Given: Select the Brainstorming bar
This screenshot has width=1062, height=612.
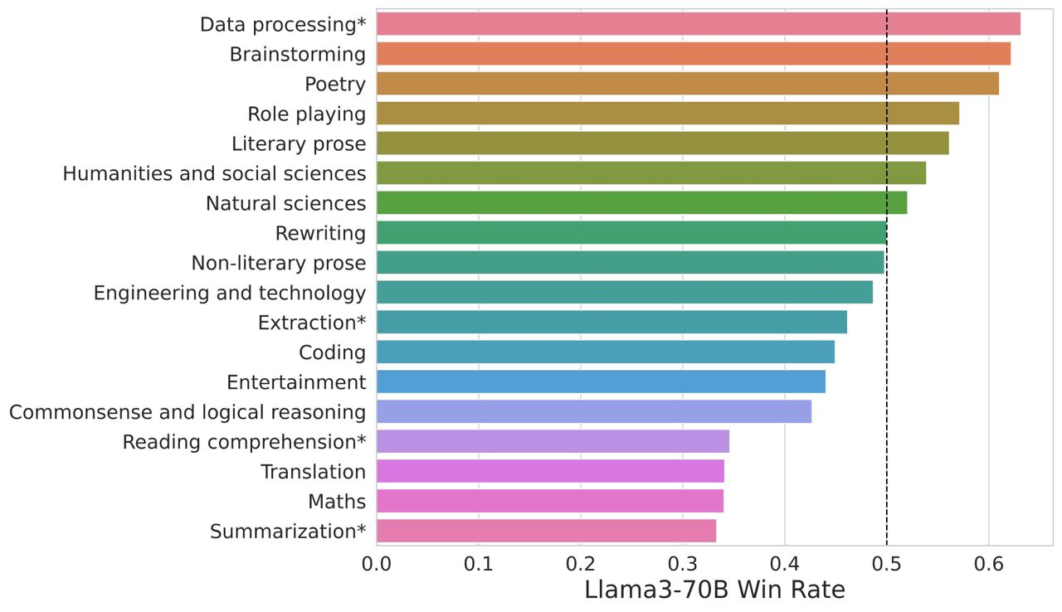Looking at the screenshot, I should point(694,54).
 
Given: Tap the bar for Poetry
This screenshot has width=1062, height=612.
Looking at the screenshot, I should point(688,84).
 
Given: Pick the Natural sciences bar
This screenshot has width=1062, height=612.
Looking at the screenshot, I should point(641,203).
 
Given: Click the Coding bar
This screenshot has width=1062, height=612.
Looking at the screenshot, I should point(606,352).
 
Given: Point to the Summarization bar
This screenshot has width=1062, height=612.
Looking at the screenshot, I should point(546,531).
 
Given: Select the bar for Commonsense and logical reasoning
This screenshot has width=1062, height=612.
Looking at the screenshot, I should point(594,411).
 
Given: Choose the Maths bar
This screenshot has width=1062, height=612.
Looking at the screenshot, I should point(550,501).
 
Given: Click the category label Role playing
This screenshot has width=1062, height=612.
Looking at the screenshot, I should point(306,114).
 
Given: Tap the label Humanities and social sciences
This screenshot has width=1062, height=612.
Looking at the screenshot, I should point(214,173).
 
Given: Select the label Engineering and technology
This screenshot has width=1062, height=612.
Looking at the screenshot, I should point(229,293).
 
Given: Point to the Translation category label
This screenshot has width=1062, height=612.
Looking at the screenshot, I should point(313,472).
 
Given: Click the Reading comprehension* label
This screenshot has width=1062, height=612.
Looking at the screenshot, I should point(244,442).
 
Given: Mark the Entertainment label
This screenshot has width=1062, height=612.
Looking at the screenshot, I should point(296,382).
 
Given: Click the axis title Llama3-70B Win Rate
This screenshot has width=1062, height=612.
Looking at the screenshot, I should point(714,590).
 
